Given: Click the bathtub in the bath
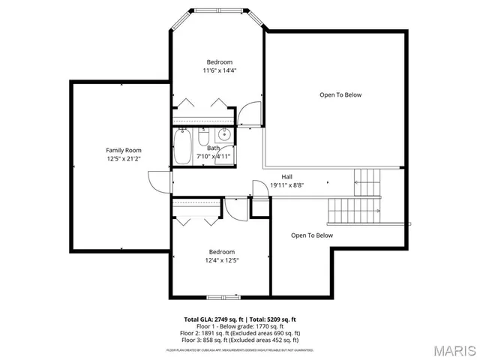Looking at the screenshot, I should point(182,147).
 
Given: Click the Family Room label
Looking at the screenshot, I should point(123,150).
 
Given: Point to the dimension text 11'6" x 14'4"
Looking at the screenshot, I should point(220,71).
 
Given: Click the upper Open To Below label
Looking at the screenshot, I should point(340,94).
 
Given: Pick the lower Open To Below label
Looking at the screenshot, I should point(312,235).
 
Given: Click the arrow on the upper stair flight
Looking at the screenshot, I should point(367,178).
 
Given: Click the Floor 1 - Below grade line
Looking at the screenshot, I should point(240,326).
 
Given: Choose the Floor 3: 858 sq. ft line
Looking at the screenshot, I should point(240,339).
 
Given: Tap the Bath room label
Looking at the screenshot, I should point(214,148).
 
